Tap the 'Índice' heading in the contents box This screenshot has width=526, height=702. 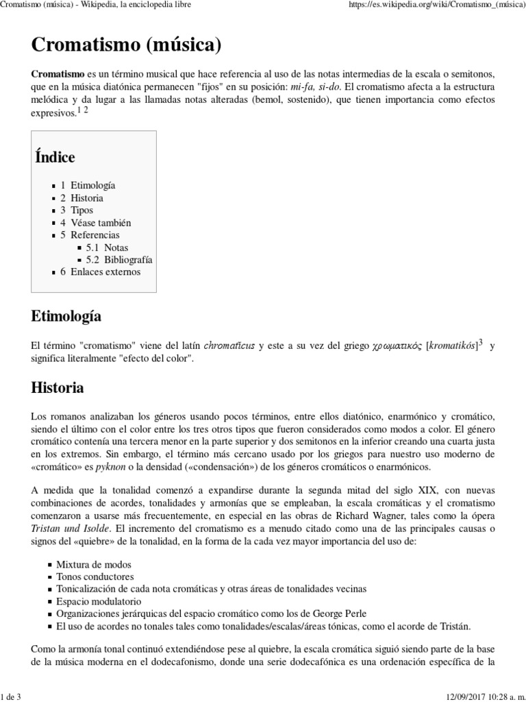click(x=55, y=157)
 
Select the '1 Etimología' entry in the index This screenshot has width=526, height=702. click(x=88, y=186)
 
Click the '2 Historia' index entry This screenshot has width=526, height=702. click(x=82, y=198)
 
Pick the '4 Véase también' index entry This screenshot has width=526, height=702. click(x=95, y=223)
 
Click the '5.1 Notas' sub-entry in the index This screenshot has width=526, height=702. click(x=107, y=247)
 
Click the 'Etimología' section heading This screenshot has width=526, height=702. click(x=66, y=316)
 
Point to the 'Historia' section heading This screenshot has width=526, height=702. click(x=58, y=387)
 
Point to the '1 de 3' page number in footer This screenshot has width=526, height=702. click(x=12, y=697)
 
